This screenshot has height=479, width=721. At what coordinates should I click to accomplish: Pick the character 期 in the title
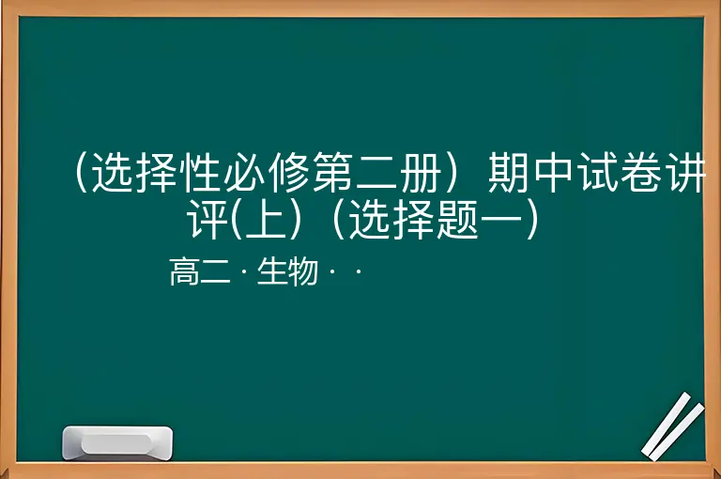[509, 173]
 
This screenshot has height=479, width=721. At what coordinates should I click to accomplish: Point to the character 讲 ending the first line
[685, 173]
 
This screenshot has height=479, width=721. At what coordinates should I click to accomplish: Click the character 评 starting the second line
[207, 219]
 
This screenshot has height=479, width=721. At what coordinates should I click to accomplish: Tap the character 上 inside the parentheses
[266, 219]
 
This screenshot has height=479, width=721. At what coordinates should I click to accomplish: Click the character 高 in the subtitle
[184, 271]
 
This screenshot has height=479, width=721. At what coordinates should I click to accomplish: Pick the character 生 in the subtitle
[272, 271]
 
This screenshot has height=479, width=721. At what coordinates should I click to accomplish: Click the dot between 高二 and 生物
[244, 271]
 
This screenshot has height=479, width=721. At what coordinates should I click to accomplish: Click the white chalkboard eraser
[117, 443]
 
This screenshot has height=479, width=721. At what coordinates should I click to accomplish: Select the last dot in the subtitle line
[359, 271]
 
